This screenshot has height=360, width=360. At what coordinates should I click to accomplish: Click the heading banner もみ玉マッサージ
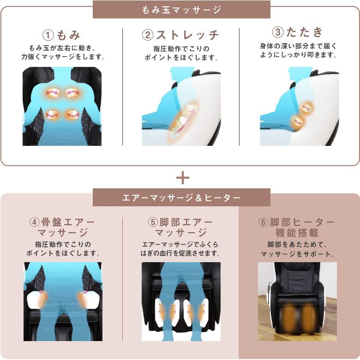click(x=181, y=9)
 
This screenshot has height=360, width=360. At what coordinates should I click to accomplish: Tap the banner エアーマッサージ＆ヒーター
click(x=181, y=198)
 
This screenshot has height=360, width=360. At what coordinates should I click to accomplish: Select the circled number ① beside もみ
click(x=48, y=35)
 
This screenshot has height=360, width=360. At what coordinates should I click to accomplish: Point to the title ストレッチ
click(x=187, y=35)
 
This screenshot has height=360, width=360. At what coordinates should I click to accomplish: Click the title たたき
click(x=305, y=32)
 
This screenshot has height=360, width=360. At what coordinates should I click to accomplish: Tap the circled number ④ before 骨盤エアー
click(x=35, y=222)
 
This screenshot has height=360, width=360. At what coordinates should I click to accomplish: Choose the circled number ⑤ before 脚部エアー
click(x=153, y=222)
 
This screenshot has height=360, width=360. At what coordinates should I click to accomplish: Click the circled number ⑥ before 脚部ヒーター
click(x=263, y=222)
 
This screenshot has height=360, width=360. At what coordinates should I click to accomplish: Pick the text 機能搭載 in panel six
click(x=297, y=233)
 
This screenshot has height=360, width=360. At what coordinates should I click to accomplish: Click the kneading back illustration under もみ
click(x=62, y=106)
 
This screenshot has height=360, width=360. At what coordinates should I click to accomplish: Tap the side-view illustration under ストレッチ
click(x=181, y=106)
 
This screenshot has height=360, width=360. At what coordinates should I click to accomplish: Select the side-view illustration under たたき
click(x=299, y=106)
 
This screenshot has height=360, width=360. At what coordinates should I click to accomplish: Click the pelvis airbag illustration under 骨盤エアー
click(x=63, y=301)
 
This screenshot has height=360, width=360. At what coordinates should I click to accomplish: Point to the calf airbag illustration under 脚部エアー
click(x=181, y=301)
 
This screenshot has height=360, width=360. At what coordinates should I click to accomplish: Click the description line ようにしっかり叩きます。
click(x=298, y=55)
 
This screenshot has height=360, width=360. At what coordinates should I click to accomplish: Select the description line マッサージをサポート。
click(x=297, y=254)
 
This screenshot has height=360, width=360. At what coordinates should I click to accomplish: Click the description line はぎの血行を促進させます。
click(x=180, y=253)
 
